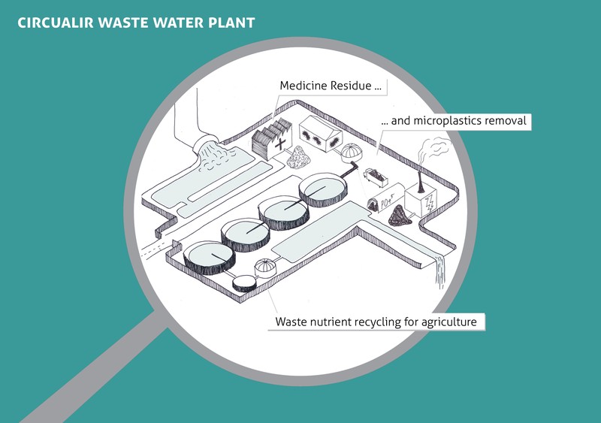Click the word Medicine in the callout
pos(305,86)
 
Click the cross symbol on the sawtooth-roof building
pos(282,143)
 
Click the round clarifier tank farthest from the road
pos(323,189)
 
